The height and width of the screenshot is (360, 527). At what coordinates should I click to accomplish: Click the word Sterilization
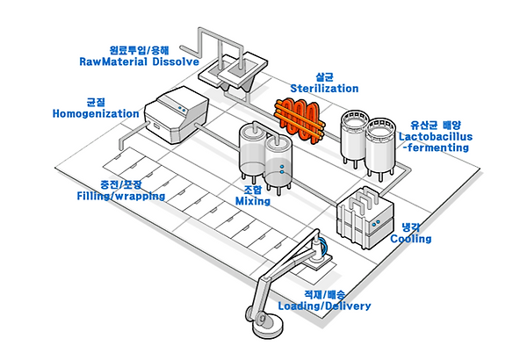(324, 89)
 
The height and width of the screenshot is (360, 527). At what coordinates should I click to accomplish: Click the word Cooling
(410, 239)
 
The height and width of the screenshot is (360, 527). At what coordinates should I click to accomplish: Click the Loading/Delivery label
(324, 306)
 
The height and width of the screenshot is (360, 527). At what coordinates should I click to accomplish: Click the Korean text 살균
(324, 76)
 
